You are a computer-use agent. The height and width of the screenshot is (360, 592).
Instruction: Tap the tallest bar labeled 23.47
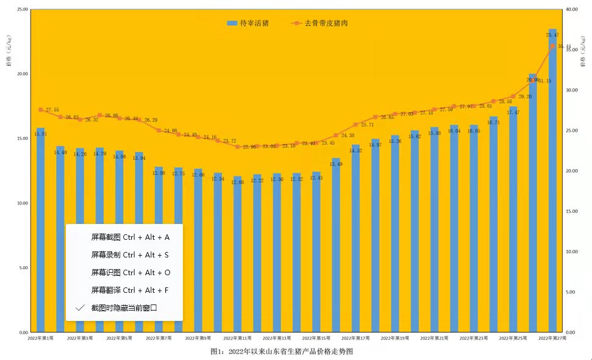tap(552, 183)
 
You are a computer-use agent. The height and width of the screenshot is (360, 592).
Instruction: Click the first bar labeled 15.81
tap(41, 232)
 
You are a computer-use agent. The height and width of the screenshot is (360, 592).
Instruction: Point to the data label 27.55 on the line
tap(52, 110)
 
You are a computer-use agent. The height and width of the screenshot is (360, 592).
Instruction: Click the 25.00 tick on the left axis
tap(22, 10)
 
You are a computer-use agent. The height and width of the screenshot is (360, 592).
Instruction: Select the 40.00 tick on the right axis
tap(571, 10)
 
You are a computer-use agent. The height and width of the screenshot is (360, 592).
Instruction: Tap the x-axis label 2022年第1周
tap(41, 337)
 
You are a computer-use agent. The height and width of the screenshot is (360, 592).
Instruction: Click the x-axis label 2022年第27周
tap(551, 337)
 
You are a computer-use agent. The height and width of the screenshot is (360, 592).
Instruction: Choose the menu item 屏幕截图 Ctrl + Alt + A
tap(130, 237)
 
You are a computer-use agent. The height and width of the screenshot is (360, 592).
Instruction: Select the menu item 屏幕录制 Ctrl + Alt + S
tap(130, 254)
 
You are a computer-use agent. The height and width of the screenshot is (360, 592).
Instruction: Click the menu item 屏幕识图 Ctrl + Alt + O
tap(130, 272)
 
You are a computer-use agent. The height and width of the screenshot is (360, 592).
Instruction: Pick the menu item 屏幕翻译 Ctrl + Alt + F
tap(130, 290)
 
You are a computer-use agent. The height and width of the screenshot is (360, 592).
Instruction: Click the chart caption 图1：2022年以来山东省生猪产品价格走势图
tap(282, 351)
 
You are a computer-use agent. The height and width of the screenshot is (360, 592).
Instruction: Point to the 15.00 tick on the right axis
tap(571, 212)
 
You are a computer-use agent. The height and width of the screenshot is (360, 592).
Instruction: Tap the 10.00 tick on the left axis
tap(22, 203)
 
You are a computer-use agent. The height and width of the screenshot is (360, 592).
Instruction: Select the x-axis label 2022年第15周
tap(316, 337)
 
